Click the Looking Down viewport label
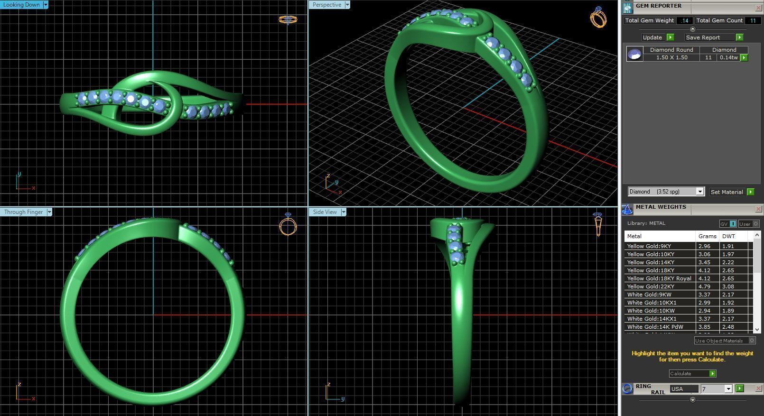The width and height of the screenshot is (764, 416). click(x=21, y=5)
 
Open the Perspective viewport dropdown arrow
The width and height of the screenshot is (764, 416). click(x=347, y=5)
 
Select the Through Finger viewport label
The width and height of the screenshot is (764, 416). click(x=23, y=212)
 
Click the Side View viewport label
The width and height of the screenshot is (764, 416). click(x=325, y=212)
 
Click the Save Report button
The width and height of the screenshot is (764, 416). click(x=703, y=37)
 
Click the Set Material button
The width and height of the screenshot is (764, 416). click(x=727, y=192)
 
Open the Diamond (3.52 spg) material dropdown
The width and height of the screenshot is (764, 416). click(x=699, y=192)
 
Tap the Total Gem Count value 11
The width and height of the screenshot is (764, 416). click(x=753, y=20)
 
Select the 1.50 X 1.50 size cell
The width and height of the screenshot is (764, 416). click(x=671, y=57)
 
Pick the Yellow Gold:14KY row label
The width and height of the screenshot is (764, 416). click(x=651, y=262)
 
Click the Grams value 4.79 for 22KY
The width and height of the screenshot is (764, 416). click(x=705, y=287)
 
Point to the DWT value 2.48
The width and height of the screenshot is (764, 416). click(x=728, y=327)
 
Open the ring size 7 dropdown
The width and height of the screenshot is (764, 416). click(x=728, y=389)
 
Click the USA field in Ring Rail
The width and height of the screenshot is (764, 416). click(x=683, y=389)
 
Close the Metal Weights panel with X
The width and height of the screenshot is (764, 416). click(x=758, y=209)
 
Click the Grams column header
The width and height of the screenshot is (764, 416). click(x=707, y=236)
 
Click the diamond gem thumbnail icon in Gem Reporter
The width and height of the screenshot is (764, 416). click(x=634, y=54)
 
